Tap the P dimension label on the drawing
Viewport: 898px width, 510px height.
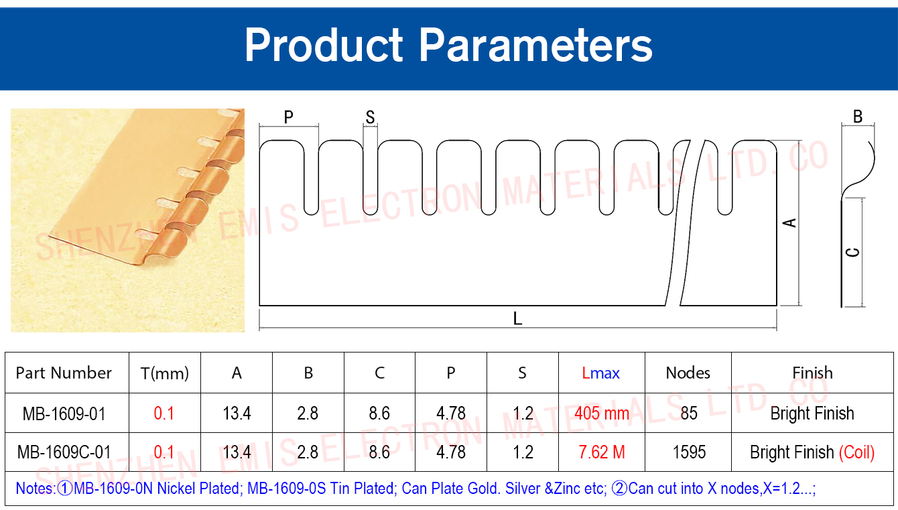(289, 117)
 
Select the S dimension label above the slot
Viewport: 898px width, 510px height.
(370, 117)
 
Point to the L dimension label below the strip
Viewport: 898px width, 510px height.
(517, 319)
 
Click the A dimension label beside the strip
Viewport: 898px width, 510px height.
(789, 222)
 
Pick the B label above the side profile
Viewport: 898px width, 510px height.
(858, 117)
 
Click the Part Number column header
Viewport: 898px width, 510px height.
(64, 373)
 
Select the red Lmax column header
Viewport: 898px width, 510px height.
(600, 373)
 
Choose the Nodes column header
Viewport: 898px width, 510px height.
(688, 373)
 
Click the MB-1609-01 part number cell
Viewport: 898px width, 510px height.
(64, 413)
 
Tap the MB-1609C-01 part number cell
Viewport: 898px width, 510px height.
(64, 452)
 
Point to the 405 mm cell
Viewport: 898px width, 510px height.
(602, 413)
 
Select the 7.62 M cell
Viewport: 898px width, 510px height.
(602, 452)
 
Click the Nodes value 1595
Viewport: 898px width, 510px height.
(689, 452)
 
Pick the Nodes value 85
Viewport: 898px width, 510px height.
(689, 413)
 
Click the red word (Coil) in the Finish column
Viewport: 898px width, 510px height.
(856, 452)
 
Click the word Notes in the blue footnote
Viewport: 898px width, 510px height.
(35, 489)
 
